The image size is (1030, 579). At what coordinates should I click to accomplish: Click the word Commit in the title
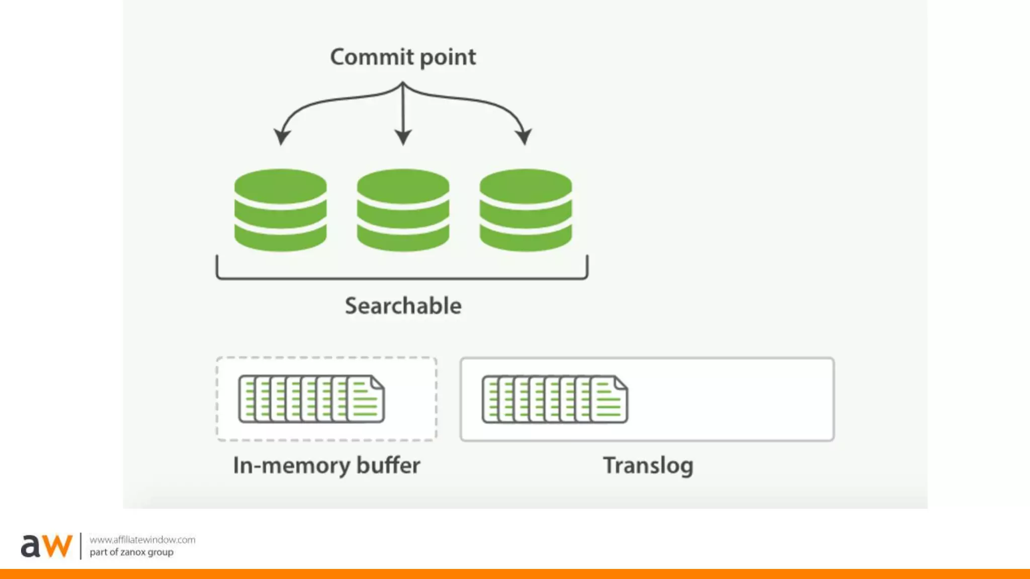[372, 57]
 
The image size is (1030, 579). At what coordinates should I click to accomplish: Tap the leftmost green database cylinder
[280, 210]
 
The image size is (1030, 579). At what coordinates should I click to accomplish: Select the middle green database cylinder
[403, 210]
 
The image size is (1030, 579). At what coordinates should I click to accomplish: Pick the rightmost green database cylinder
[526, 210]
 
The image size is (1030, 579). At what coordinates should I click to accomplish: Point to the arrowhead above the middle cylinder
[403, 137]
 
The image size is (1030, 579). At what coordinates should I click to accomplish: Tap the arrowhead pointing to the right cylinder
[524, 136]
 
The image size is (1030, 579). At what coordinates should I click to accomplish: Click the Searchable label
[403, 306]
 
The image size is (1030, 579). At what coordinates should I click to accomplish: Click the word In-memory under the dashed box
[291, 465]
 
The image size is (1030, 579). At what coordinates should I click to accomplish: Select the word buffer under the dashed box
[388, 465]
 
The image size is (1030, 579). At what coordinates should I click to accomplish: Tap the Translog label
[648, 465]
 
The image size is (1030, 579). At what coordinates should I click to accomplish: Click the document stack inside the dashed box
[311, 399]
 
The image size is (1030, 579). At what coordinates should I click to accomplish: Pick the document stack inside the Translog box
[555, 399]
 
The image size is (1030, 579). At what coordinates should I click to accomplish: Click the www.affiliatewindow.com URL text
[142, 540]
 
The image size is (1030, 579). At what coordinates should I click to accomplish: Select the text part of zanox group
[131, 552]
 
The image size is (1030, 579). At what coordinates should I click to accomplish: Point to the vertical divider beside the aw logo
[80, 546]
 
